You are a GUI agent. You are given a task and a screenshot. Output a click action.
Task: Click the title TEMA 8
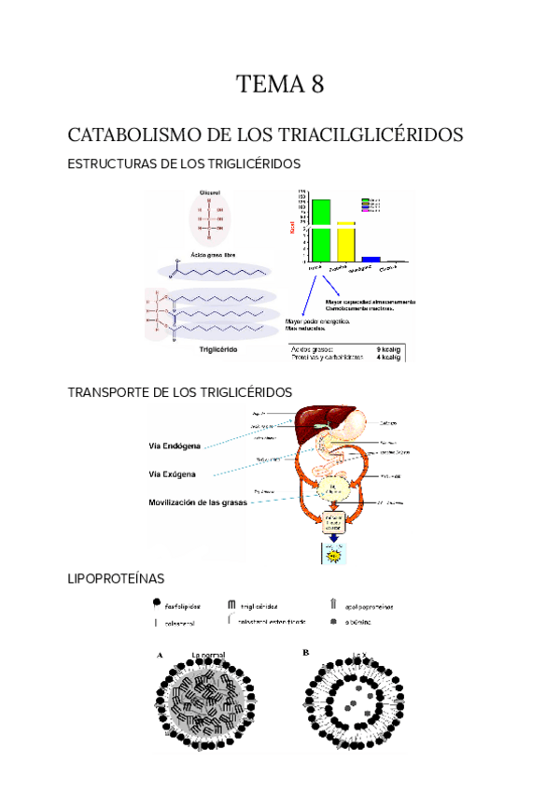280,86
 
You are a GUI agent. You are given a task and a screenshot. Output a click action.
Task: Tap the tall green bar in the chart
320,229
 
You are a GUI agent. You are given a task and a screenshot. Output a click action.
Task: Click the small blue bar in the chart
371,259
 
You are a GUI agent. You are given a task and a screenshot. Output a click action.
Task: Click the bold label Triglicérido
221,351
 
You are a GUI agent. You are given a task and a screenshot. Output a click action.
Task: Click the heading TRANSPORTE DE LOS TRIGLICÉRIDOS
180,391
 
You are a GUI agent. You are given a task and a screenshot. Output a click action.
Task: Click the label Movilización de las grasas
203,502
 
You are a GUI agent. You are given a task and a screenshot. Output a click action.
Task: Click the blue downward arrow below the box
332,540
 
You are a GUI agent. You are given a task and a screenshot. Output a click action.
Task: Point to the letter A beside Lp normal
161,655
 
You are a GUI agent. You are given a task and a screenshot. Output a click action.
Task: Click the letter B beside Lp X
306,653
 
